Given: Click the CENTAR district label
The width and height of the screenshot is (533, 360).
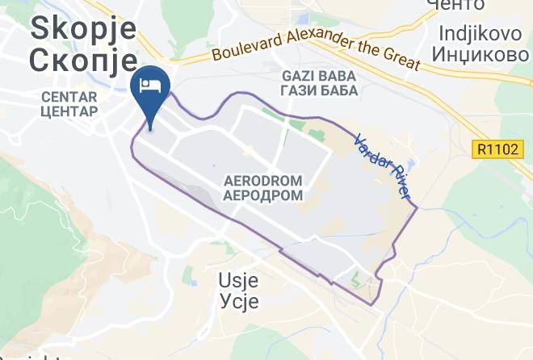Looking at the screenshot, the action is pyautogui.click(x=69, y=96).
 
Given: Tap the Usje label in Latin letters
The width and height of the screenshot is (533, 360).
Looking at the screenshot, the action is pyautogui.click(x=239, y=281).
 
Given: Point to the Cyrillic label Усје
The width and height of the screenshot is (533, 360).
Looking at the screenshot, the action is pyautogui.click(x=239, y=301).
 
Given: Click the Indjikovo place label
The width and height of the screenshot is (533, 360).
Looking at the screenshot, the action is pyautogui.click(x=483, y=33).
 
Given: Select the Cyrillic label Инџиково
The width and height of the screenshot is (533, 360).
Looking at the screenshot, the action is pyautogui.click(x=483, y=56).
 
